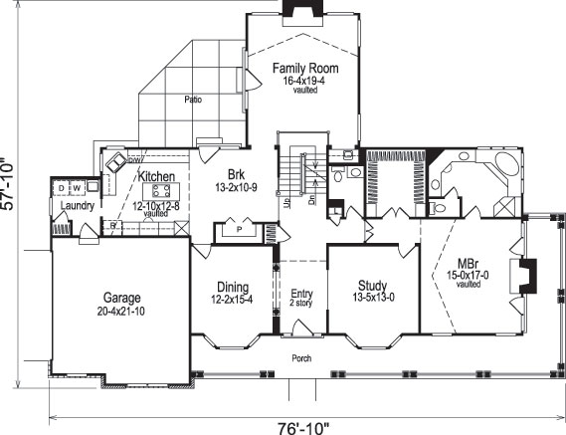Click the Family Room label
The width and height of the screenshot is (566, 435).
click(305, 68)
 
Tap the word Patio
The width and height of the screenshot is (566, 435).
click(192, 100)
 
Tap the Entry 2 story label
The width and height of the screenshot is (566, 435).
click(301, 299)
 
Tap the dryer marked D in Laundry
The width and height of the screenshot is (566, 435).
click(61, 186)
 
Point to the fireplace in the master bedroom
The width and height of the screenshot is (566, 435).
click(529, 272)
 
